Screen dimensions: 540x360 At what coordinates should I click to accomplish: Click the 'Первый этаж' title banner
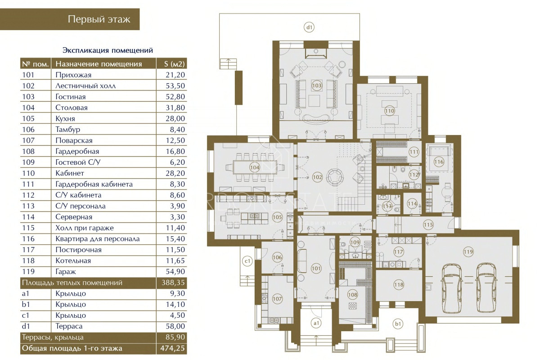coord(70,19)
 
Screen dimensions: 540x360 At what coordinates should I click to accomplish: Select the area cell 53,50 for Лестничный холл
coord(175,85)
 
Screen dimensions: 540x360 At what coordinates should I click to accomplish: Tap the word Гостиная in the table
coord(70,97)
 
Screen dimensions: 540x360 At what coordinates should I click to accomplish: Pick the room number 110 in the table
coord(28,173)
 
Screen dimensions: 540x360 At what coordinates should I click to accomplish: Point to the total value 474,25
coord(172,348)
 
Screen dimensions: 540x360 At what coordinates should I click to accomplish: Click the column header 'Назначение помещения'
coord(99,64)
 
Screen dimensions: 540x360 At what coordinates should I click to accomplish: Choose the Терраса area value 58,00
coord(175,326)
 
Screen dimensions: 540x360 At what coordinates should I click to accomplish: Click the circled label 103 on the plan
coord(316,85)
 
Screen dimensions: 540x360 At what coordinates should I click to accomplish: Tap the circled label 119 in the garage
coord(468,252)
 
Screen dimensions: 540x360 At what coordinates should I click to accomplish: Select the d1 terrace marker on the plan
coord(309,27)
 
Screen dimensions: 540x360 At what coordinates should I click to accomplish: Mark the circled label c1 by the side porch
coord(247,261)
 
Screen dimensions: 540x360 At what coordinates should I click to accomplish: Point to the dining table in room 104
coord(255,167)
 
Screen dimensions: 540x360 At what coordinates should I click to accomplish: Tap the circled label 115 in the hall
coord(428,225)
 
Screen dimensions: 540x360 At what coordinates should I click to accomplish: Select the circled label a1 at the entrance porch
coord(316,323)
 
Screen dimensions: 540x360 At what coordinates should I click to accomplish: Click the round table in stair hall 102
coord(335,177)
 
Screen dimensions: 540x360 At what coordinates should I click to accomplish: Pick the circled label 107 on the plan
coord(277,299)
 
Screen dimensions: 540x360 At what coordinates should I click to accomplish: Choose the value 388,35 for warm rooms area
coord(173,283)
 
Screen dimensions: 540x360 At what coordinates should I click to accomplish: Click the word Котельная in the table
coord(73,261)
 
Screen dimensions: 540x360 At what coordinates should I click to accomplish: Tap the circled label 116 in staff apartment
coord(438,162)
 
